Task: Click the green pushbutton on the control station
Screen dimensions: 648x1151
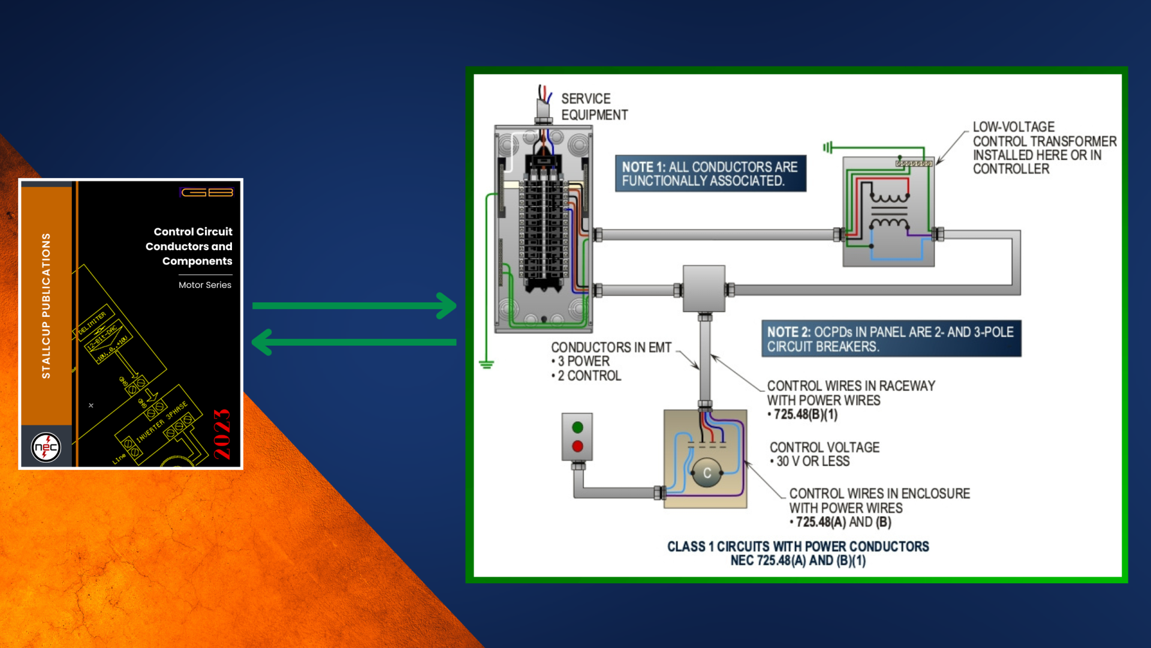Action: [x=577, y=427]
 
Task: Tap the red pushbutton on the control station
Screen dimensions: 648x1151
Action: [x=577, y=446]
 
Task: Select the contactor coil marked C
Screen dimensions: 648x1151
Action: [x=707, y=473]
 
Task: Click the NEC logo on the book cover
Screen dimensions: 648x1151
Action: [x=46, y=448]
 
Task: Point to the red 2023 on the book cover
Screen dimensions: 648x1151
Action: [x=222, y=434]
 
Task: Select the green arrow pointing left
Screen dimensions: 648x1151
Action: [x=354, y=342]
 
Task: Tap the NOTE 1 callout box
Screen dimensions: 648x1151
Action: [x=710, y=173]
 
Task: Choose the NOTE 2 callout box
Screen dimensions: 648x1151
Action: [x=891, y=339]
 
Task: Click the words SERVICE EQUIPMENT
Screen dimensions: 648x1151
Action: [x=593, y=107]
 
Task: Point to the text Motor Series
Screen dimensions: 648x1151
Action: [x=204, y=285]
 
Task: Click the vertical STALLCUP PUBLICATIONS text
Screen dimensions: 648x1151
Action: [x=46, y=305]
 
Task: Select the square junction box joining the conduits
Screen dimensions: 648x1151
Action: [x=704, y=289]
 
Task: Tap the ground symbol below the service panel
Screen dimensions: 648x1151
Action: [x=486, y=364]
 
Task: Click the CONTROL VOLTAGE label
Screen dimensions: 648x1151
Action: [x=824, y=448]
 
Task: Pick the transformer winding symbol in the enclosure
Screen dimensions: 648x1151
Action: [x=889, y=210]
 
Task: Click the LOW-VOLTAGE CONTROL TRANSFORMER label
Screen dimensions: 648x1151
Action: [x=1044, y=148]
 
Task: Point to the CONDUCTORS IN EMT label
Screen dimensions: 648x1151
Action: [x=611, y=347]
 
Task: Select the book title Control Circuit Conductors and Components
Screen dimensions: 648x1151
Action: [x=189, y=246]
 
